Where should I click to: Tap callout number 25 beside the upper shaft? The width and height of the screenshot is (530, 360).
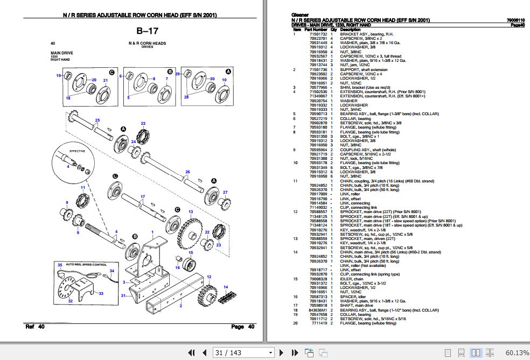pos(97,120)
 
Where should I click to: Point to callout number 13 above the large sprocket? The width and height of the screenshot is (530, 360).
pos(190,213)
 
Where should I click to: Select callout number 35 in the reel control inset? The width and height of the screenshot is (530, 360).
pos(60,265)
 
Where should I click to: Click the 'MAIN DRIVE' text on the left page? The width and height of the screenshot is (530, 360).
pos(61,53)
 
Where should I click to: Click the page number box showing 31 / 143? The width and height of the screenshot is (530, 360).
pos(243,352)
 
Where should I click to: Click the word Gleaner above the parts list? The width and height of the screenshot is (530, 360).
pos(298,16)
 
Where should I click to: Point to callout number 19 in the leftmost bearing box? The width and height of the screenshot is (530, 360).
pos(58,75)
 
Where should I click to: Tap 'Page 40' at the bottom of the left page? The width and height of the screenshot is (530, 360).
pos(237,327)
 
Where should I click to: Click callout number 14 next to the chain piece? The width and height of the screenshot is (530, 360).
pos(226,287)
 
